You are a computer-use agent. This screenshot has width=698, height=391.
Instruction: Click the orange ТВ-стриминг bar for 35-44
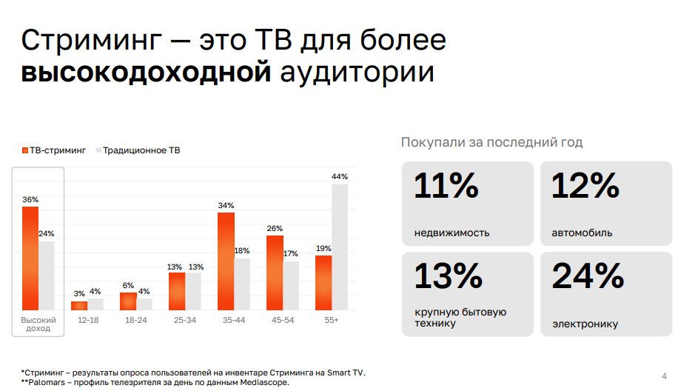click(226, 261)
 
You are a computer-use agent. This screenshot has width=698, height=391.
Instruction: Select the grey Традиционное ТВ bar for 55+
click(340, 247)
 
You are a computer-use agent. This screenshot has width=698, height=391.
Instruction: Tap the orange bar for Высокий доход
click(30, 258)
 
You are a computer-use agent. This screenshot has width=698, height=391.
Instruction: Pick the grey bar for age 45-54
click(291, 285)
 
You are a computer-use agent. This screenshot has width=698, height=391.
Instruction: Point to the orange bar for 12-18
click(79, 305)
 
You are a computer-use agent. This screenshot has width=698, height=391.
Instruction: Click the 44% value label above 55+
click(340, 176)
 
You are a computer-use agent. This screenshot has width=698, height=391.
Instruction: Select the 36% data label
click(30, 199)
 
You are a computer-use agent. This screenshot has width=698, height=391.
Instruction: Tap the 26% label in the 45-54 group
click(275, 228)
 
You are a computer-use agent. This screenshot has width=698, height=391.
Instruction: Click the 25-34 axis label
click(185, 320)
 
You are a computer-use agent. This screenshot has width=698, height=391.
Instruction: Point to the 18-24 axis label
click(136, 320)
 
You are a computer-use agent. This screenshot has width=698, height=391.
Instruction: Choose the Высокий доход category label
click(38, 324)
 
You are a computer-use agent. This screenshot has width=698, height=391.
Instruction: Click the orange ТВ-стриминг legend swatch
click(24, 150)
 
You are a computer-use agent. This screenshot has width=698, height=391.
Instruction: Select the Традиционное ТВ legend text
click(141, 150)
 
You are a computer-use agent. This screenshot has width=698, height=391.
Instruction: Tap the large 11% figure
click(446, 187)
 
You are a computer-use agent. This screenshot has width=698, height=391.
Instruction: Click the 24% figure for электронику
click(588, 277)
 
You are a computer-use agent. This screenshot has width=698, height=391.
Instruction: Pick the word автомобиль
click(582, 233)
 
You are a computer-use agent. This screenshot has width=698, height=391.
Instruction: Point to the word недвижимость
click(452, 233)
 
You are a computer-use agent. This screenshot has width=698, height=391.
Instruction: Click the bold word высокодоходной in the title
click(146, 73)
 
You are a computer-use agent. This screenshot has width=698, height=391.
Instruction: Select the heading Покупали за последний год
click(491, 142)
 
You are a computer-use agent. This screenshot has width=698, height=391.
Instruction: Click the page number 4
click(664, 374)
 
